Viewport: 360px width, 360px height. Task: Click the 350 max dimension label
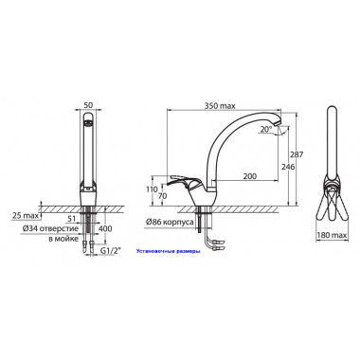[x=220, y=106]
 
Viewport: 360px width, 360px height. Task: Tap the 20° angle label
[x=266, y=129]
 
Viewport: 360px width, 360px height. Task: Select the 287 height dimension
[x=297, y=154]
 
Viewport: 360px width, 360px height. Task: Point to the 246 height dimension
[x=287, y=167]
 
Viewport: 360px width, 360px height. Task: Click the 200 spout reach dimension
[x=249, y=176]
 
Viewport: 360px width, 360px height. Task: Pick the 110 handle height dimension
[x=152, y=189]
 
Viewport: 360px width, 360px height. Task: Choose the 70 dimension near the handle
[x=162, y=196]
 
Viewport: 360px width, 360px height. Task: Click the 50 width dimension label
[x=88, y=105]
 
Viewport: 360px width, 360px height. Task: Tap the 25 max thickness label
[x=25, y=216]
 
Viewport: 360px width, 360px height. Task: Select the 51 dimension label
[x=73, y=219]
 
